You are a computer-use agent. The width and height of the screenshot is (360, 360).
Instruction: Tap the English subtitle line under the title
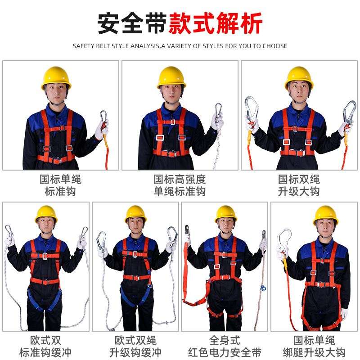point(180,46)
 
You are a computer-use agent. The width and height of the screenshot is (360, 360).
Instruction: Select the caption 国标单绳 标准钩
point(60,185)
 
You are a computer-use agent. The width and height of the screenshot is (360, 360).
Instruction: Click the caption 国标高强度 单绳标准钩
point(180,185)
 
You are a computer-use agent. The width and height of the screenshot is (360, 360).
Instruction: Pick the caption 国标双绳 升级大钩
point(299,185)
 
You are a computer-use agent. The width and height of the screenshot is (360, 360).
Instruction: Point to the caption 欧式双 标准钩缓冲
point(46,346)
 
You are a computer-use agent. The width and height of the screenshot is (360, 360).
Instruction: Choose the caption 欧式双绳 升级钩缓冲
point(135,346)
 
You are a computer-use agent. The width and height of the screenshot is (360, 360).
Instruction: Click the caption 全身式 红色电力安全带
point(225,346)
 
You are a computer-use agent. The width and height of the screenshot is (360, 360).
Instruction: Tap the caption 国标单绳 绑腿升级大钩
point(314,346)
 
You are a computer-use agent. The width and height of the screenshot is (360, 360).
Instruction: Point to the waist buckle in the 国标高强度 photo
point(171,153)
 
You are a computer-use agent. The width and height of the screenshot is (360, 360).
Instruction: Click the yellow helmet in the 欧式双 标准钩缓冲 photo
point(46,214)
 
